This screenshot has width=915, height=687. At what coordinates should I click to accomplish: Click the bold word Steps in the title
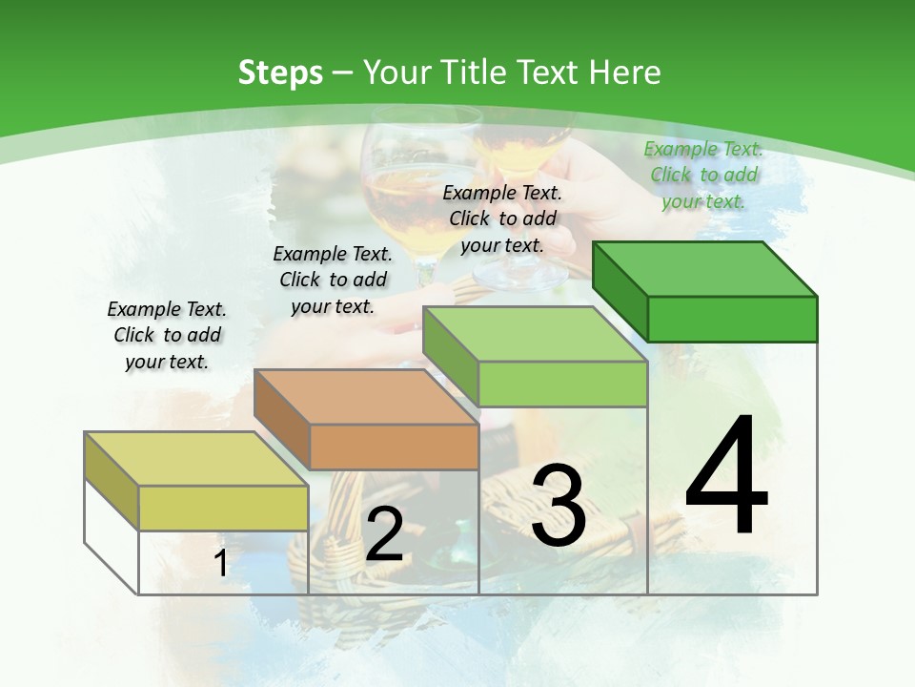pos(280,73)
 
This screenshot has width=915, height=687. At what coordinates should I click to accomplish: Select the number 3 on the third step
pos(559,506)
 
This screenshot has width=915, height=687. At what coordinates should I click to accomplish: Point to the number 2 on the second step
pos(384,534)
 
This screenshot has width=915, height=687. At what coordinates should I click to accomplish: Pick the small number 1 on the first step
pos(220,564)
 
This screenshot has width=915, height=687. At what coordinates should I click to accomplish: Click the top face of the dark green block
pos(705,268)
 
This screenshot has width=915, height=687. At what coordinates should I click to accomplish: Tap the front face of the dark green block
pos(732,319)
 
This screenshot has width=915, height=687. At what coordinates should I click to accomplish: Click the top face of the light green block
pos(535,333)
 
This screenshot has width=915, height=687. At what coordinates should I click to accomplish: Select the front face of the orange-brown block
pos(394,447)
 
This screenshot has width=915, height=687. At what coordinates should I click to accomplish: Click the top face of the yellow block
pos(196,459)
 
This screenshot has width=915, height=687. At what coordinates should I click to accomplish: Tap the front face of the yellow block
pos(223,508)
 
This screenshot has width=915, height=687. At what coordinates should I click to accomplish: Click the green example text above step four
pos(703,175)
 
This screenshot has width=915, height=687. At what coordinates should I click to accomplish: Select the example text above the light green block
pos(502,219)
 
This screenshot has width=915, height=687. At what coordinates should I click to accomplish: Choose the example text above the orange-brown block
pos(333,280)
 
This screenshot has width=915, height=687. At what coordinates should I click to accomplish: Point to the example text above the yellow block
pos(167,335)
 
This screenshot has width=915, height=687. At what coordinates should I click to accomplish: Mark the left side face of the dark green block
pos(620,291)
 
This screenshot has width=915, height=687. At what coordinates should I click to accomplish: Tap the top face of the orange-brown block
pos(366,396)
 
